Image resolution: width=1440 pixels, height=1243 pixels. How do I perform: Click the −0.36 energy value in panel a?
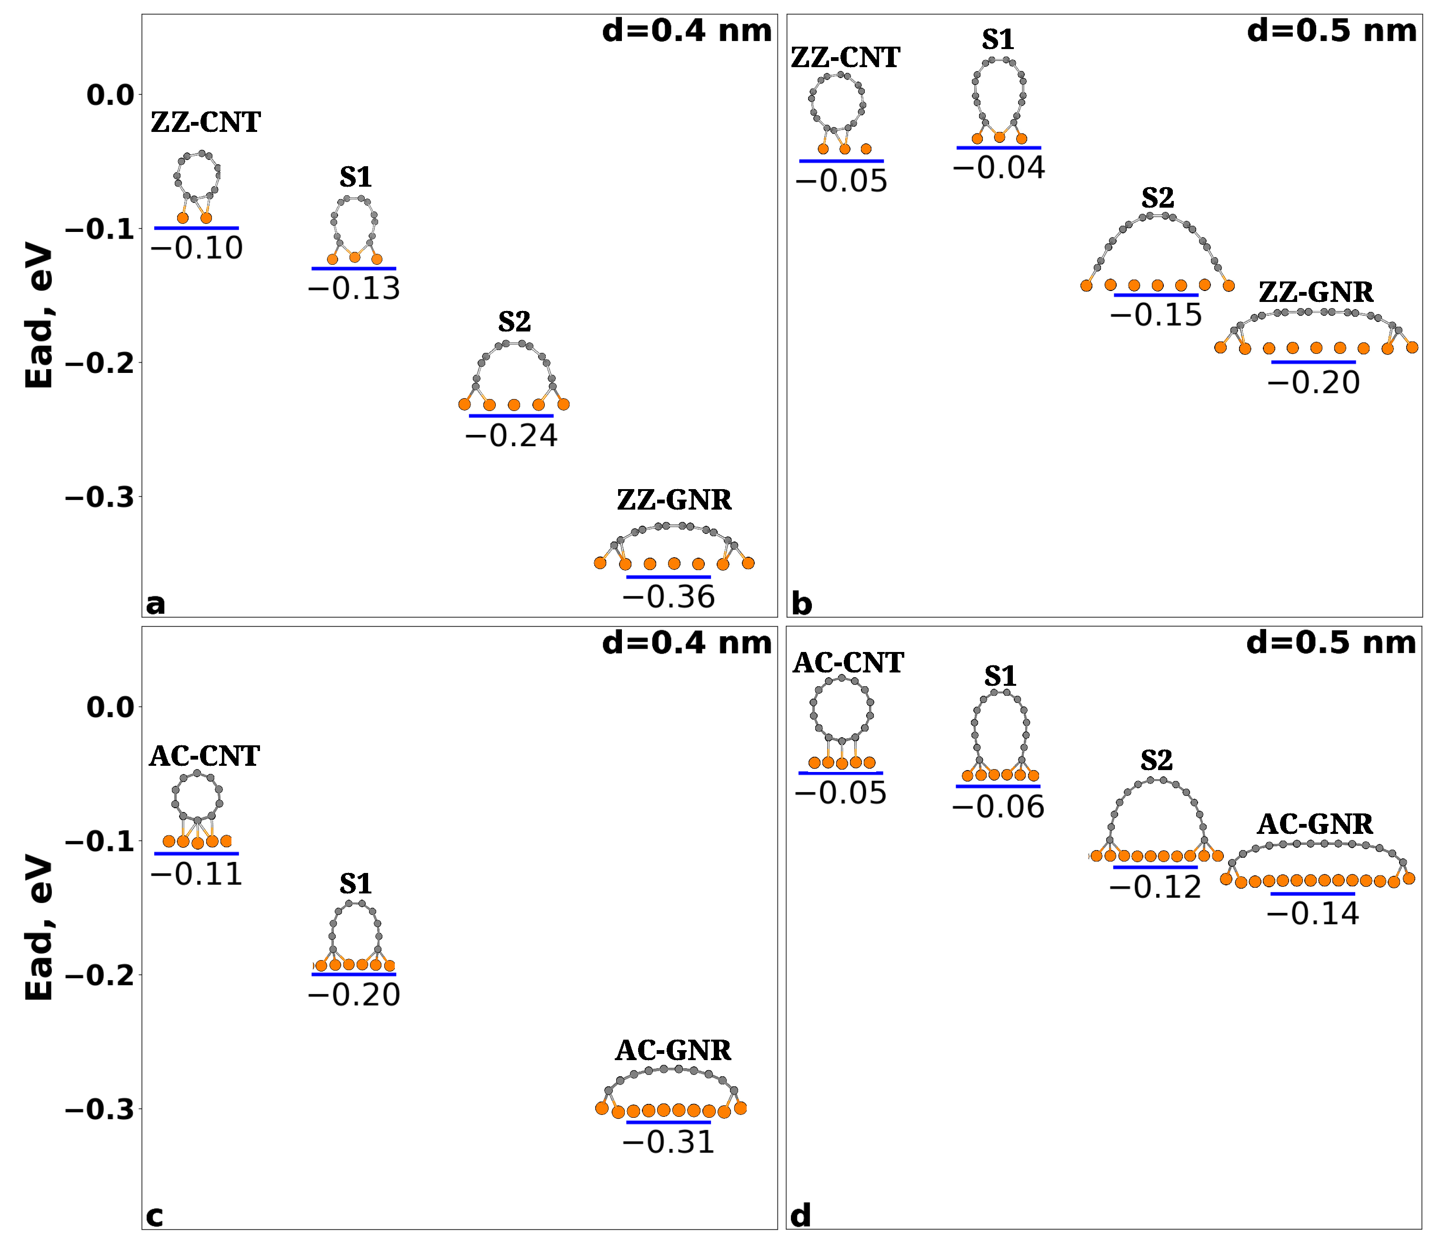coord(668,597)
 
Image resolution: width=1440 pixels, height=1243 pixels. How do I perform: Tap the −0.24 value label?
coord(511,436)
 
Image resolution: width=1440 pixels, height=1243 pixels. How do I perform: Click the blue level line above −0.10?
coord(197,227)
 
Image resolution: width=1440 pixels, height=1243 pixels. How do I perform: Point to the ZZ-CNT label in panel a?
coord(206,123)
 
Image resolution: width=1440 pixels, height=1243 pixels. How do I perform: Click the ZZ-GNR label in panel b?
coord(1316,293)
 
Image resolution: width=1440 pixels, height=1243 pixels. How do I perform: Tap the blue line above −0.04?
coord(999,147)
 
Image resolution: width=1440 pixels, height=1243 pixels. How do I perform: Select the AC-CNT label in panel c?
coord(204,756)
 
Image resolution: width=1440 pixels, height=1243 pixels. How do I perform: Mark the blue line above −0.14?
coord(1313,893)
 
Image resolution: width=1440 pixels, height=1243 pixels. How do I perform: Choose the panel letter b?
coord(801,604)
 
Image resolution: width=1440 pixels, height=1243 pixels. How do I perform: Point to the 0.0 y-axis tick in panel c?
coord(110,707)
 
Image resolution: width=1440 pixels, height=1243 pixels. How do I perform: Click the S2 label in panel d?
coord(1157,761)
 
